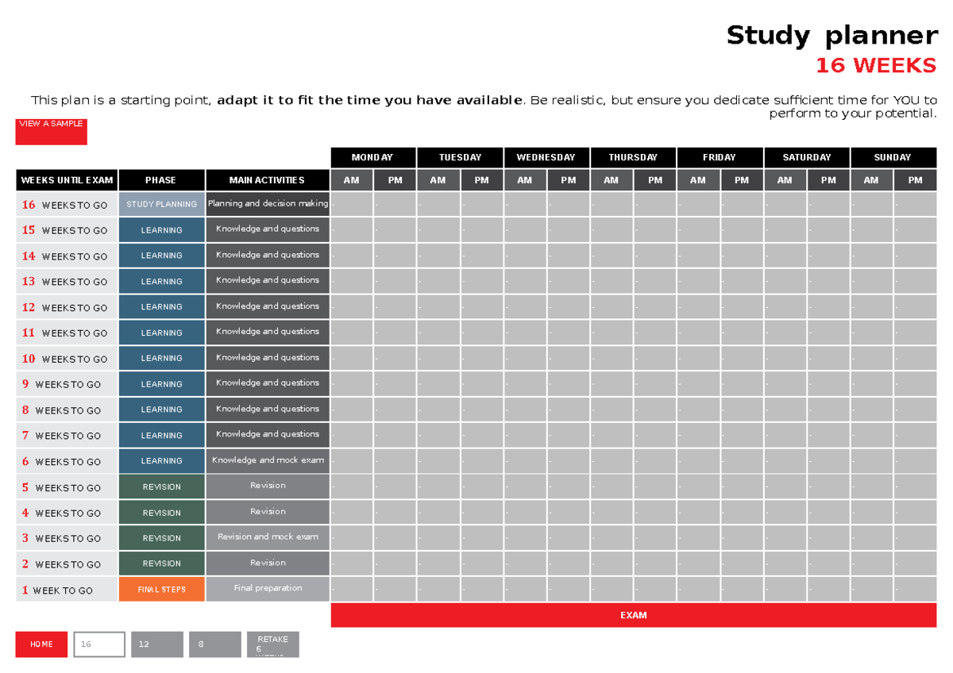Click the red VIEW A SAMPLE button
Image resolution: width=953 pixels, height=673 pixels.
pyautogui.click(x=51, y=131)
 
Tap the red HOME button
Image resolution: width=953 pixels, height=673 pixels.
pyautogui.click(x=42, y=644)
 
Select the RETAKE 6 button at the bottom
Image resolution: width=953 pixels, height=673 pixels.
pyautogui.click(x=272, y=644)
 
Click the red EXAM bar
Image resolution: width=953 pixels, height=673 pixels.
pyautogui.click(x=633, y=615)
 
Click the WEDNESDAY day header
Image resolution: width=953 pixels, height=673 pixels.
pyautogui.click(x=546, y=157)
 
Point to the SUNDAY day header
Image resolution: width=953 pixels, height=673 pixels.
pyautogui.click(x=893, y=157)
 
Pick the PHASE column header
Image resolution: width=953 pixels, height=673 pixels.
pyautogui.click(x=161, y=180)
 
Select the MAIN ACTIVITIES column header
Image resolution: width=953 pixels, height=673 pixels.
pyautogui.click(x=267, y=180)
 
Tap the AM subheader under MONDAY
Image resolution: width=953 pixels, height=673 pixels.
pyautogui.click(x=352, y=180)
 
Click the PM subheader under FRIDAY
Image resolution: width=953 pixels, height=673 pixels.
pyautogui.click(x=742, y=180)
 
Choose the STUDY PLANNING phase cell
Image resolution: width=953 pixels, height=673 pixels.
pyautogui.click(x=161, y=204)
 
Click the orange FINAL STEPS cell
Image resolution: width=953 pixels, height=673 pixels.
pyautogui.click(x=161, y=589)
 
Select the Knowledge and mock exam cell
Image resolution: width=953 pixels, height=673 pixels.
pyautogui.click(x=268, y=460)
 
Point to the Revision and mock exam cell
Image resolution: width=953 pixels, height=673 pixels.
pyautogui.click(x=268, y=537)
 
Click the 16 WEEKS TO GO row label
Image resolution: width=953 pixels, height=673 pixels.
pyautogui.click(x=65, y=205)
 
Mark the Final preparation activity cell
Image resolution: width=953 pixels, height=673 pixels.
pyautogui.click(x=268, y=589)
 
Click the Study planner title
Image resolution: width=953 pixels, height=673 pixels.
pyautogui.click(x=831, y=36)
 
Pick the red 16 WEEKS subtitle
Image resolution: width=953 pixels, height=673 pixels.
pyautogui.click(x=876, y=66)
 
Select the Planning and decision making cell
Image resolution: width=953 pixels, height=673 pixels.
pyautogui.click(x=268, y=204)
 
